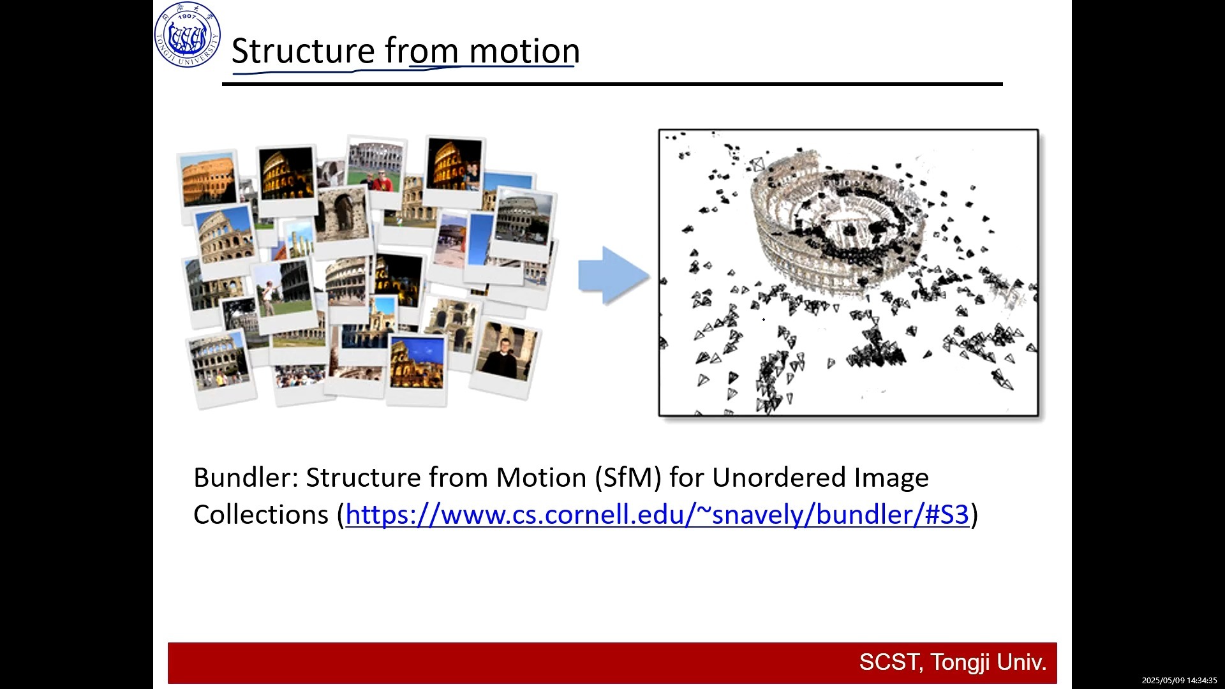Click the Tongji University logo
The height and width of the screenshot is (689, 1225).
click(x=188, y=34)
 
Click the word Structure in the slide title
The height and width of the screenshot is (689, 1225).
click(x=303, y=50)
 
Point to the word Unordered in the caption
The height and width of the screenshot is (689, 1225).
click(x=780, y=477)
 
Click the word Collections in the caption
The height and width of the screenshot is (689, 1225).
click(x=261, y=514)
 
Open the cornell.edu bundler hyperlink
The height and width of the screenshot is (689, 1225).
click(x=657, y=514)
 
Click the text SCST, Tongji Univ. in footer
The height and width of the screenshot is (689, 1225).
click(x=953, y=662)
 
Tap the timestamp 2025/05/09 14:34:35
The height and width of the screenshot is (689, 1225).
click(x=1179, y=681)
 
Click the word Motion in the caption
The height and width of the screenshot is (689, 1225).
click(x=541, y=477)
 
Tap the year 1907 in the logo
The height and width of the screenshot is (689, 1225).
click(x=188, y=15)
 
